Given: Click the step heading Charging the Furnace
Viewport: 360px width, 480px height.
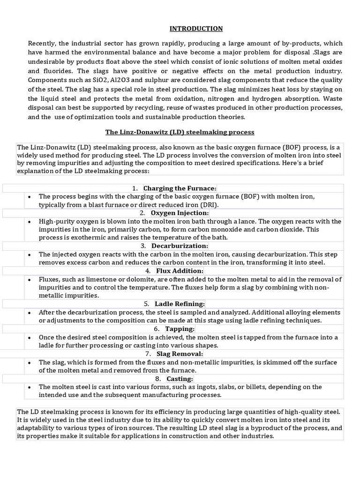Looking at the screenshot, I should tap(180, 188).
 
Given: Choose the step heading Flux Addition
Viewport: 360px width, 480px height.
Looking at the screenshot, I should tap(180, 270).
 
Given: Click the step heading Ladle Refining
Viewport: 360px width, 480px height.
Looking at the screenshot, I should tap(180, 304).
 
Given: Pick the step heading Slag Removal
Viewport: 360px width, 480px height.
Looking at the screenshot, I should tap(180, 353).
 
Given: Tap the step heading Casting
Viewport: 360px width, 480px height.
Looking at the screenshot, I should tap(180, 378).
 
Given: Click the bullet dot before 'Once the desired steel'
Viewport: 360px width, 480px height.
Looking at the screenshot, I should tap(30, 337).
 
